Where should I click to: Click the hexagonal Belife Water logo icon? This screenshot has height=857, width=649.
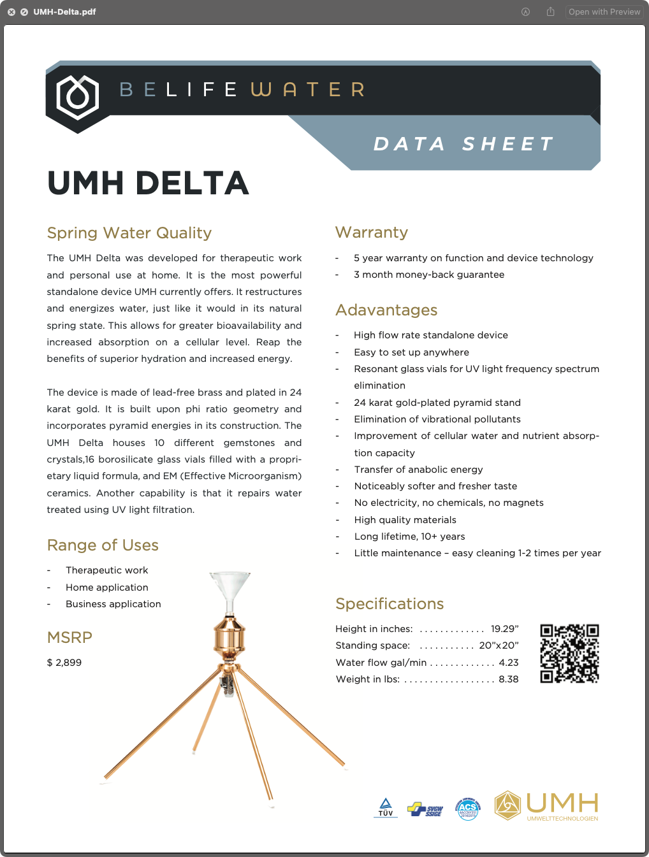click(78, 97)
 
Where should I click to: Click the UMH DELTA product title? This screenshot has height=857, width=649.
click(148, 184)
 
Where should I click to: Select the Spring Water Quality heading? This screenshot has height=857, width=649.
click(129, 233)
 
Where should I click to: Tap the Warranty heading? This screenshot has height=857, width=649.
click(372, 233)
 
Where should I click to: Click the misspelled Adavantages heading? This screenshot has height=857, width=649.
click(386, 310)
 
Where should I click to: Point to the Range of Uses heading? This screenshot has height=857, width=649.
click(103, 545)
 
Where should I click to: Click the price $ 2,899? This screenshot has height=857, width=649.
click(64, 663)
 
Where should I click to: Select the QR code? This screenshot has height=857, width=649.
click(569, 653)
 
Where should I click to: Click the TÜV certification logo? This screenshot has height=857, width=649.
click(386, 807)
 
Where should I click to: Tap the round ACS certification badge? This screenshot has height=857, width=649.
click(468, 809)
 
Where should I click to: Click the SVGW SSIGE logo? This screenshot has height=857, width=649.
click(426, 809)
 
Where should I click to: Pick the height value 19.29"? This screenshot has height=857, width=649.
click(504, 629)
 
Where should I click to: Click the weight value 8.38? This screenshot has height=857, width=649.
click(509, 679)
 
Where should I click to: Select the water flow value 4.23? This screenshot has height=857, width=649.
click(509, 663)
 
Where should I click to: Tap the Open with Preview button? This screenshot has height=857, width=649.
click(604, 11)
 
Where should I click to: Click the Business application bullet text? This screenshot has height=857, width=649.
click(113, 604)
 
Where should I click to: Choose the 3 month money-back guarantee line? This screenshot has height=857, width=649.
click(429, 275)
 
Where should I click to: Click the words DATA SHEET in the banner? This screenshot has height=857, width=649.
click(463, 144)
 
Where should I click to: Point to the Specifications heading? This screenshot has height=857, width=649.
click(390, 604)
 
